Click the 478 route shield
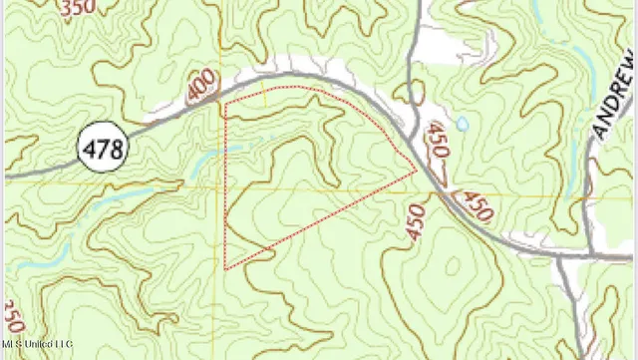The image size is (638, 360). pos(102,150)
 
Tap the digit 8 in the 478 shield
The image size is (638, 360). pos(118,151)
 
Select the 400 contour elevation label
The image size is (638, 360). pos(200,98)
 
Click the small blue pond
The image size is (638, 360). pos(461,125)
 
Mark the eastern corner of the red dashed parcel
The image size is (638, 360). pos(417,171)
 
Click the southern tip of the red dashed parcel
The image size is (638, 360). pos(226,268)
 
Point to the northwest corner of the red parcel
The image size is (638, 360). pos(225,104)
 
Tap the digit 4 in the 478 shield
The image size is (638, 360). pos(88,151)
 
